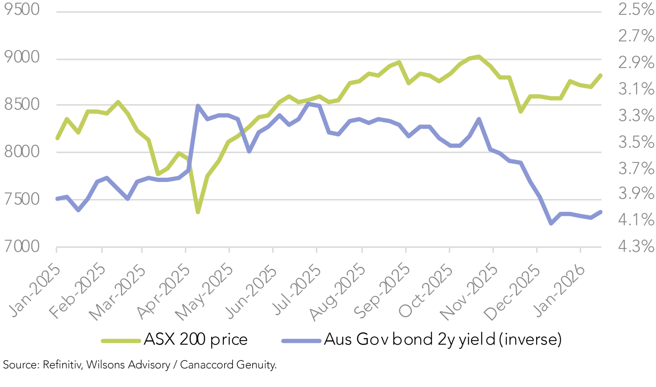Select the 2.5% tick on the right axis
tap(636, 9)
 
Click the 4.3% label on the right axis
tap(636, 246)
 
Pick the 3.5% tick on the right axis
tap(636, 142)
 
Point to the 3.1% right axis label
tap(636, 89)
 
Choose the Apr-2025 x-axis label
tap(164, 291)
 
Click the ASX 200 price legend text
tap(196, 339)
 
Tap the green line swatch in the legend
tap(121, 341)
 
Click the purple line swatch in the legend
tap(301, 341)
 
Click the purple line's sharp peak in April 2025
tap(198, 106)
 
